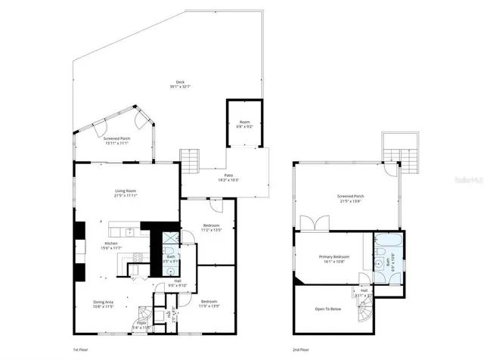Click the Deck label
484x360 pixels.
[x=180, y=84]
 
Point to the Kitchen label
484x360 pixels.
[x=110, y=246]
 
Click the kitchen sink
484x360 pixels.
[x=129, y=231]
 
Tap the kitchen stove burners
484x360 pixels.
[x=138, y=260]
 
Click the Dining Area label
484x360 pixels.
[x=103, y=304]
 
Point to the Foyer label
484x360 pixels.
[x=141, y=324]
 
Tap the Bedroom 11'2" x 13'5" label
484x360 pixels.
[x=211, y=228]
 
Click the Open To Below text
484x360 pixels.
[x=328, y=309]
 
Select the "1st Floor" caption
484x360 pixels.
[x=81, y=350]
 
